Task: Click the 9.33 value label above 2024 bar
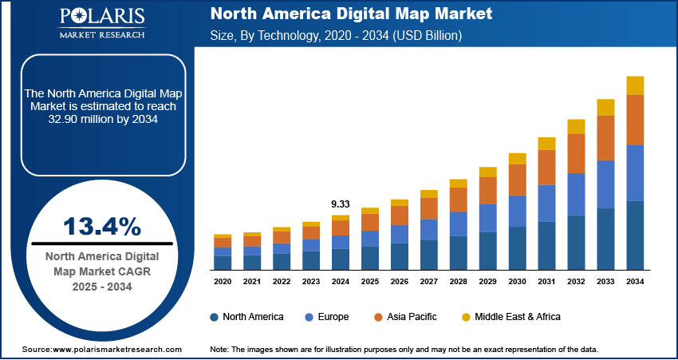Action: coord(341,204)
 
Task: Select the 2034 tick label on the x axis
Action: coord(635,282)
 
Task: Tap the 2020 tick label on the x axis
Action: coord(223,282)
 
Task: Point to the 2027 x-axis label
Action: coord(429,282)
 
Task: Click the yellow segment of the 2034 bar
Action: coord(635,85)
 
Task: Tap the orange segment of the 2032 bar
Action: coord(576,153)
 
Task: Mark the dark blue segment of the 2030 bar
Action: coord(518,247)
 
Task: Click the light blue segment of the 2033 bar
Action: coord(605,184)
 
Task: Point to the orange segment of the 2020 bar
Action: coord(223,243)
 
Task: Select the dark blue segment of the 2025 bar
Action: coord(370,257)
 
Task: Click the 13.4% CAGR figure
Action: coord(102,227)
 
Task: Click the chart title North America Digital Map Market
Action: coord(350,14)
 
